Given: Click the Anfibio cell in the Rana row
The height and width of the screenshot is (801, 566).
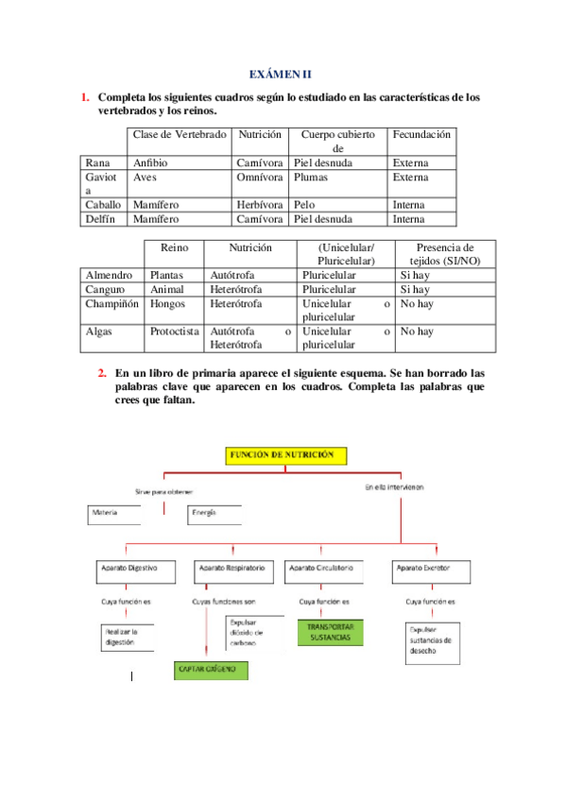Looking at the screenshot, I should [150, 163].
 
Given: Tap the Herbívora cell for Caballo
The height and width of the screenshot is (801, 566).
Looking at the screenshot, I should [260, 205].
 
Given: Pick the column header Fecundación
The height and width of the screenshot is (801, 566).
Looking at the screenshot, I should [422, 135].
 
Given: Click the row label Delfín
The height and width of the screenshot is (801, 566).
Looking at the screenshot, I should [100, 219].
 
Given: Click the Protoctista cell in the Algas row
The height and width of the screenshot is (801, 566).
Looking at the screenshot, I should [175, 332].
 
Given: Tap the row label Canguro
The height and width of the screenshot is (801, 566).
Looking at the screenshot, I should [104, 289].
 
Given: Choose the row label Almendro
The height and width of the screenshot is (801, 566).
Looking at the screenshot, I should [109, 275].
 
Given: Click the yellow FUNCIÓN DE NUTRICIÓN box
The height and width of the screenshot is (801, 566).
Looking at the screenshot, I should [285, 455].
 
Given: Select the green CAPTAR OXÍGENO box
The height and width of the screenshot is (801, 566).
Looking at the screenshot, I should [211, 670].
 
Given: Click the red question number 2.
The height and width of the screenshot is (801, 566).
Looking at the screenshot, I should [102, 373].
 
